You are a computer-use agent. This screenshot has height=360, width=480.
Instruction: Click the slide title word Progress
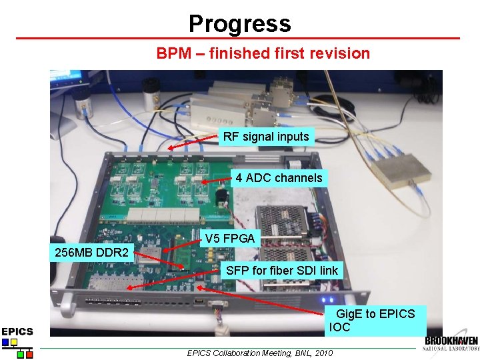[239, 24]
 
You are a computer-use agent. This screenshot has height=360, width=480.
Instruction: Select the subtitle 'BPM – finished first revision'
[263, 53]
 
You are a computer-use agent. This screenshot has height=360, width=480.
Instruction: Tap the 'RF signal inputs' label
[266, 137]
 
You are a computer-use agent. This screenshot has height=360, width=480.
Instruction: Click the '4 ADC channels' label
[279, 177]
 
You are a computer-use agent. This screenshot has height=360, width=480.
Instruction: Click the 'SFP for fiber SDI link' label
[282, 270]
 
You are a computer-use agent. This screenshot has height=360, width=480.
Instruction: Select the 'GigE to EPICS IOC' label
[376, 320]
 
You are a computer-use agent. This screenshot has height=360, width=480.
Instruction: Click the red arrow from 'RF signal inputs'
[193, 143]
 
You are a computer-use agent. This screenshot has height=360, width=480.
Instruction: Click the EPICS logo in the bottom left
[17, 341]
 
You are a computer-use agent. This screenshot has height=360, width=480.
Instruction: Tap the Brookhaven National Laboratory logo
[451, 344]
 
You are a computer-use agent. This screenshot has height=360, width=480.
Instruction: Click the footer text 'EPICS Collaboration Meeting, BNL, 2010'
[259, 353]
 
